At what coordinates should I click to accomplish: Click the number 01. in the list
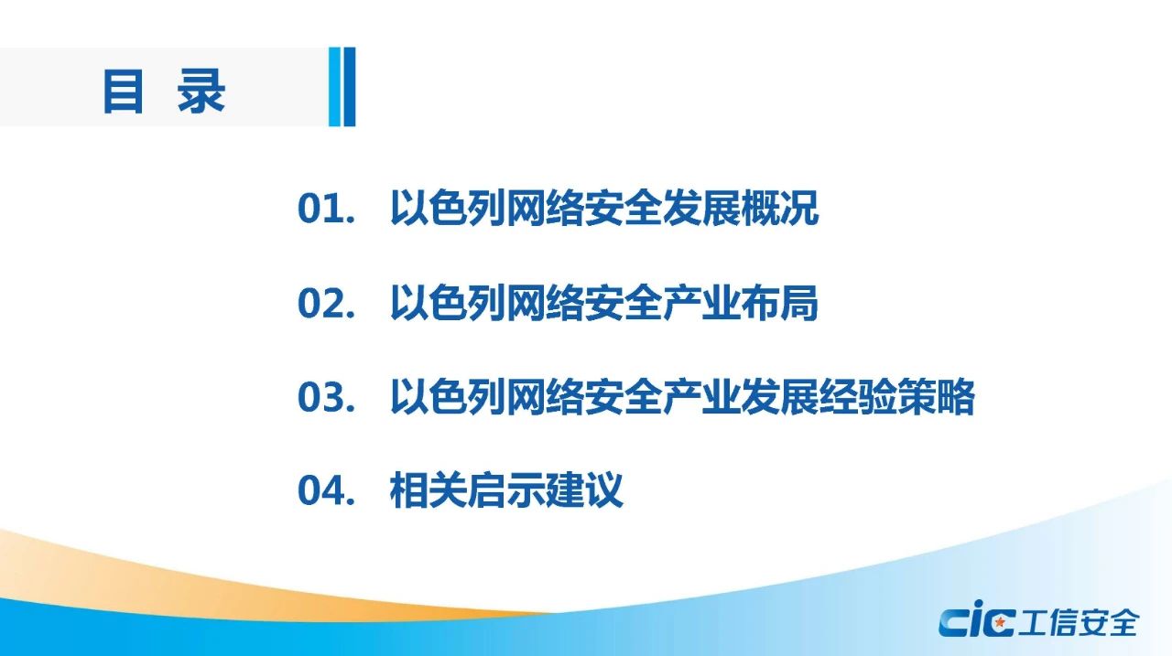tap(327, 209)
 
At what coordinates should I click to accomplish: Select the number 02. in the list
tap(327, 303)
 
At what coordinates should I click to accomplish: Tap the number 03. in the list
tap(327, 397)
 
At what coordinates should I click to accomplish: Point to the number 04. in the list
tap(327, 490)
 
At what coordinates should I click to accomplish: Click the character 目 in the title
tap(124, 91)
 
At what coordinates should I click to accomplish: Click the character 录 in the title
tap(201, 91)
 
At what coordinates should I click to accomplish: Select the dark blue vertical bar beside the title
tap(350, 87)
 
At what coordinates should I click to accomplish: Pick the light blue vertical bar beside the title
tap(334, 87)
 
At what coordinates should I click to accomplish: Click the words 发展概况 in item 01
tap(741, 208)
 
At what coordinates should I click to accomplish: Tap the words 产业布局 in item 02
tap(741, 303)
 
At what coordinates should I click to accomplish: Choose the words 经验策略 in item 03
tap(896, 397)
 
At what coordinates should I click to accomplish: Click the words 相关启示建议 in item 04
tap(506, 489)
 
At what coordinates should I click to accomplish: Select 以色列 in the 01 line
tap(448, 208)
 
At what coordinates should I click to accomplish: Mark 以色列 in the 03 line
tap(448, 397)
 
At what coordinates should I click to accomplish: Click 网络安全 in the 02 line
tap(585, 303)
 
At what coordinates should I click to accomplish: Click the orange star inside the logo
tap(999, 622)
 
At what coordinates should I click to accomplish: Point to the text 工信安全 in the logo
tap(1079, 622)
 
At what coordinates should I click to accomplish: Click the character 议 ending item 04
tap(604, 489)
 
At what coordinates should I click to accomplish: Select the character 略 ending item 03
tap(955, 397)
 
